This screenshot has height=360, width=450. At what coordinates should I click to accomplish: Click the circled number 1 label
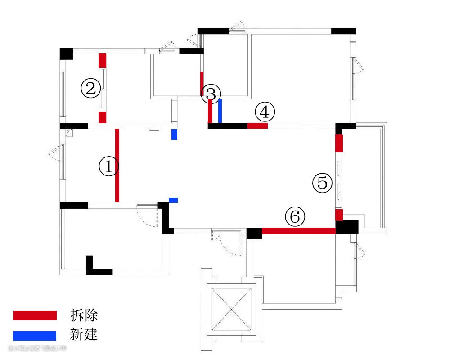[x=108, y=166]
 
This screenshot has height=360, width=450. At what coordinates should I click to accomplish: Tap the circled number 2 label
[x=90, y=88]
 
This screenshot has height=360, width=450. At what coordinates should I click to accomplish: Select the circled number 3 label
[x=211, y=94]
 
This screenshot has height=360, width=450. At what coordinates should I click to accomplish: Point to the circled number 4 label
[x=265, y=112]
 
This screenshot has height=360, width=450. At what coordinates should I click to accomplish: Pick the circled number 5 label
[x=323, y=183]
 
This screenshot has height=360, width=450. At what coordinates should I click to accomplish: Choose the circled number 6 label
[x=295, y=217]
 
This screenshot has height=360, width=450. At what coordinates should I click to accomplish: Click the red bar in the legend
[x=35, y=315]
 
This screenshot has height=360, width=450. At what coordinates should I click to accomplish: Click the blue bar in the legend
[x=35, y=336]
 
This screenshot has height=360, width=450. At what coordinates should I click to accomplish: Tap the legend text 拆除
[x=84, y=315]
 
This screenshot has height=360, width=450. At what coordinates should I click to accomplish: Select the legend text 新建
[x=84, y=335]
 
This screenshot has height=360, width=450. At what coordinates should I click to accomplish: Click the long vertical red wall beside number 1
[x=117, y=166]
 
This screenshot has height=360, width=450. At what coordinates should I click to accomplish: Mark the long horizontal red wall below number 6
[x=299, y=231]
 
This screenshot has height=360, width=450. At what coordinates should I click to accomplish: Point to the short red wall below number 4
[x=257, y=126]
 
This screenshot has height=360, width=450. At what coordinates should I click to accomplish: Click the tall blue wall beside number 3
[x=220, y=111]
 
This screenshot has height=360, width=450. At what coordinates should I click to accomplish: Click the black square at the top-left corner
[x=66, y=53]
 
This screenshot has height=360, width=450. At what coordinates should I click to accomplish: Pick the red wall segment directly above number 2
[x=103, y=60]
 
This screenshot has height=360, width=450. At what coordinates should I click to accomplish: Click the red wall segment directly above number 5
[x=339, y=143]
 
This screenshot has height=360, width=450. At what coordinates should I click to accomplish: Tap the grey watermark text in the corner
[x=37, y=347]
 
